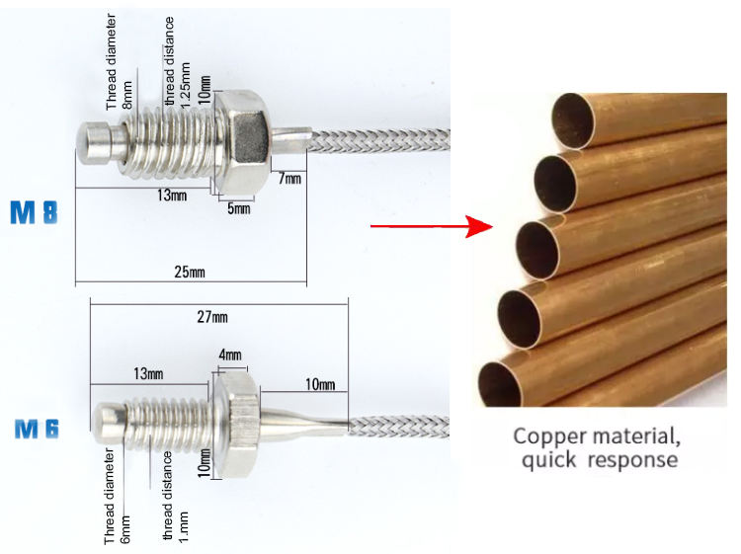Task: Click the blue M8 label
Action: pos(34,213)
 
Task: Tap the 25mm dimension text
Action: pos(188,271)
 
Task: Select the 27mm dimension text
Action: pos(211,317)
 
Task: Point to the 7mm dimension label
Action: pos(290,178)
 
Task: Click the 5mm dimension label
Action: pos(237,209)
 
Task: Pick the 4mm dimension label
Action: pos(231,354)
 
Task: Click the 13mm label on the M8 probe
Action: pos(171,196)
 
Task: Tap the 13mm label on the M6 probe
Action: pos(148,373)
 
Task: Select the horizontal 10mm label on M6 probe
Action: pos(319,384)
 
